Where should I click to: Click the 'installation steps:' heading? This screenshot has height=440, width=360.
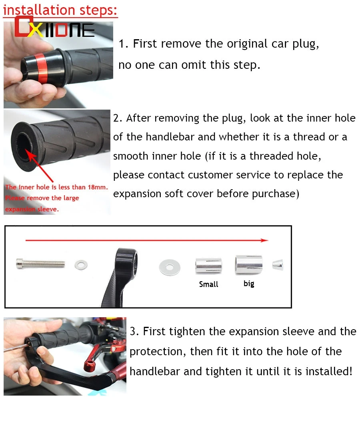click(x=60, y=10)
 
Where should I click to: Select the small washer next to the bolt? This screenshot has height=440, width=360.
click(x=82, y=264)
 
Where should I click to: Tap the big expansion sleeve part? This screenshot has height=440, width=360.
click(x=249, y=264)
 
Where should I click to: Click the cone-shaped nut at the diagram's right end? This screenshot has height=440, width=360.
click(x=278, y=264)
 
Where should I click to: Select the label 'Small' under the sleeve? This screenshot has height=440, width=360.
click(x=208, y=284)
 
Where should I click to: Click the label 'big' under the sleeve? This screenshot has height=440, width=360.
click(x=249, y=284)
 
